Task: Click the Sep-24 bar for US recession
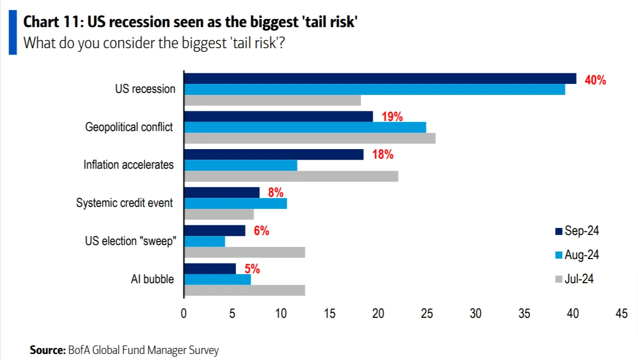click(380, 78)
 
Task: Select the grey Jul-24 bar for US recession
click(272, 100)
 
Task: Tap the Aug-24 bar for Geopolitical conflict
click(305, 127)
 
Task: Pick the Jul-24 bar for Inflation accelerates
click(291, 176)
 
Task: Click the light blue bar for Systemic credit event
click(235, 203)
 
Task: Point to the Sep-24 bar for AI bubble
click(210, 269)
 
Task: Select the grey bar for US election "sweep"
click(245, 252)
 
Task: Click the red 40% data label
click(595, 80)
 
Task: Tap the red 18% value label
click(382, 155)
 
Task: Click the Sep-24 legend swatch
click(558, 231)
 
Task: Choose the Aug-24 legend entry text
click(582, 255)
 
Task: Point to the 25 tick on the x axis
click(427, 314)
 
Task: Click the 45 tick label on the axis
click(621, 314)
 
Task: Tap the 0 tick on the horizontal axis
click(184, 314)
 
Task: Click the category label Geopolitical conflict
click(129, 127)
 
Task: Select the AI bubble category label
click(152, 279)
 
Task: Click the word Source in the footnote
click(47, 350)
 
